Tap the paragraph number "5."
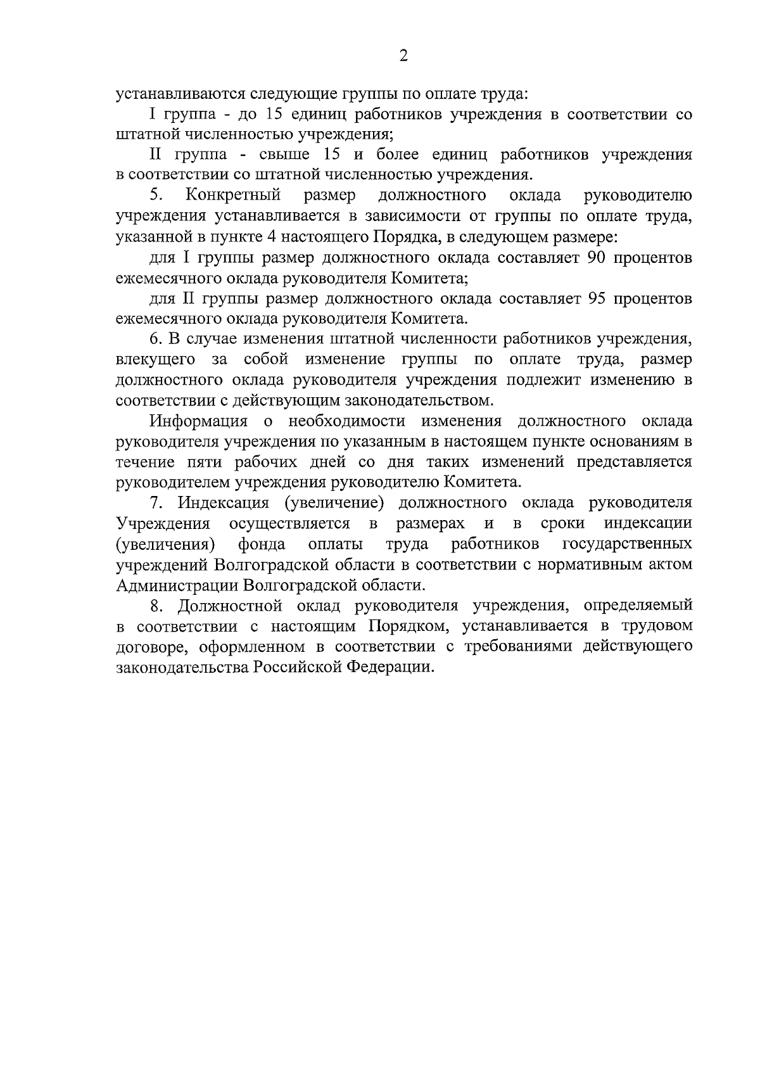tap(156, 195)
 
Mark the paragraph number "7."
tap(156, 503)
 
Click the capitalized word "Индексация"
tap(223, 503)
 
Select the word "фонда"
tap(261, 544)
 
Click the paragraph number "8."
tap(156, 606)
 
